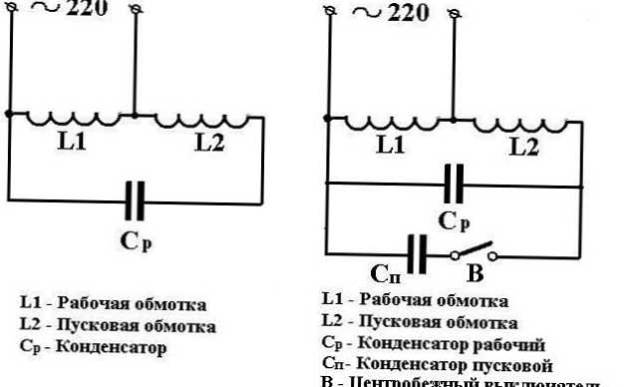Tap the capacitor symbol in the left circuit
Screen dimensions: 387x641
tap(137, 200)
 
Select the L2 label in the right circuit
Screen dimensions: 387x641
tap(524, 147)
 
